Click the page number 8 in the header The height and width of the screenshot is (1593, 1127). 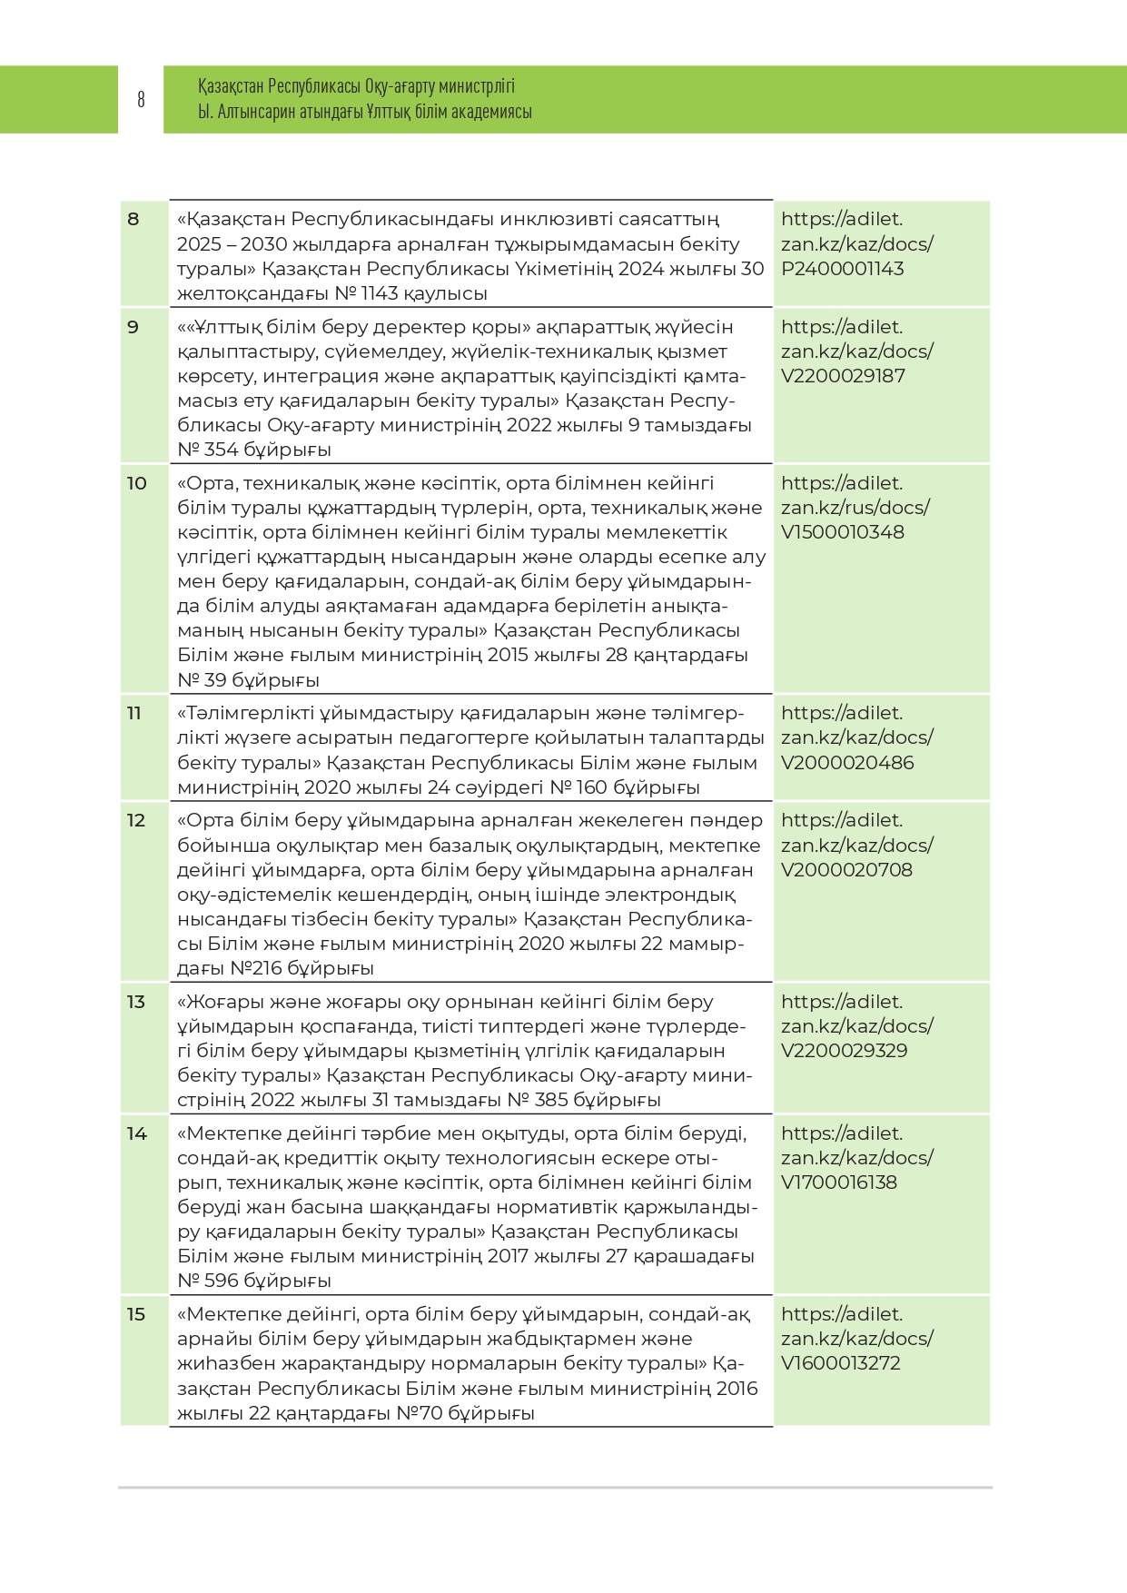pos(141,99)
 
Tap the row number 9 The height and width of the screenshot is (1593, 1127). pos(133,327)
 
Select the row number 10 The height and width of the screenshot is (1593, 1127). pos(136,483)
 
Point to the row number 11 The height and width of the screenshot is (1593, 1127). pos(134,714)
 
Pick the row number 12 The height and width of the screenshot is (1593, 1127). pos(136,821)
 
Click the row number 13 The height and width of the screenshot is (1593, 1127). pos(136,1002)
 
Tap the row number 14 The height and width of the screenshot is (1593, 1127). pos(136,1133)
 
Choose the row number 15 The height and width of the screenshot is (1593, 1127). pos(136,1314)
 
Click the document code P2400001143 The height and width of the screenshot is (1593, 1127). pos(842,269)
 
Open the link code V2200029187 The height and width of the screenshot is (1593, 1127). pos(843,376)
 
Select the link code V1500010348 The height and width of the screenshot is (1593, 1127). pos(842,532)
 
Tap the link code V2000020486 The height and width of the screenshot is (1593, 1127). pos(846,763)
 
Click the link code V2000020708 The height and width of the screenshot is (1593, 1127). pos(846,870)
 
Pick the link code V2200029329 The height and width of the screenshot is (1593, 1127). pos(844,1051)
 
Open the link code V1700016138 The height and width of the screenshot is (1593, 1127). pos(838,1182)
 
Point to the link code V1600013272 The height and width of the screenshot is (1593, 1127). pos(840,1363)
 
